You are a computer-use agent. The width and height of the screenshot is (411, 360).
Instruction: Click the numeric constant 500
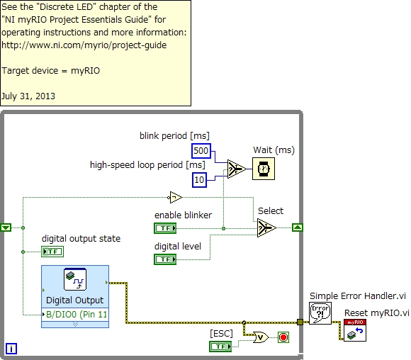201,150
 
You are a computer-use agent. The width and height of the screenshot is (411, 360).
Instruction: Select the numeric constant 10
199,180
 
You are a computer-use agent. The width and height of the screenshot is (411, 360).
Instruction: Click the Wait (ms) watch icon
264,169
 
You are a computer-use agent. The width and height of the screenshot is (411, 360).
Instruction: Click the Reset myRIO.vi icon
355,330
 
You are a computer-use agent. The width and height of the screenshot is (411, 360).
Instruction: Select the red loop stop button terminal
284,336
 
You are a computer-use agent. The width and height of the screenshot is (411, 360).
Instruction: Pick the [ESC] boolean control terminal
221,346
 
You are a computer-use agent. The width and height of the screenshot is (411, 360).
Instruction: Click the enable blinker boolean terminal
166,227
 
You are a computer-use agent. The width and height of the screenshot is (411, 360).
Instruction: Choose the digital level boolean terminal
166,259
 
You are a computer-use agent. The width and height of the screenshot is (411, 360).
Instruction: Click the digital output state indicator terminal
52,251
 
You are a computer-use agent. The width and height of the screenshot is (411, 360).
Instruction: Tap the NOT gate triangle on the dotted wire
175,196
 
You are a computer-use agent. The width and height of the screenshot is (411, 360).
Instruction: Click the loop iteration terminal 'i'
11,348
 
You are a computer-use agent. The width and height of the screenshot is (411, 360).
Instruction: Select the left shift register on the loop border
6,227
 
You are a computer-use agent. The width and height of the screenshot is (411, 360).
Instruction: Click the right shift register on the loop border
298,227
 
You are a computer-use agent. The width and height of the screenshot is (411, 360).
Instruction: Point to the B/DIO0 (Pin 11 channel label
76,313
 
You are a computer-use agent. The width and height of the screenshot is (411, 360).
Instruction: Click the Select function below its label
266,227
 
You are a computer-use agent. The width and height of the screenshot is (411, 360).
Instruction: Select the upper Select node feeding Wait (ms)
235,169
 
